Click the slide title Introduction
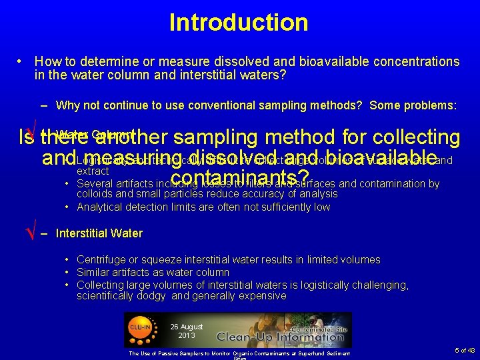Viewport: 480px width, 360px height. (239, 23)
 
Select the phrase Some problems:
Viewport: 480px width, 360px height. (413, 105)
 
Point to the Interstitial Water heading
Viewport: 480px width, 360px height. (99, 233)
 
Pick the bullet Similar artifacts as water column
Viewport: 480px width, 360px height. (153, 272)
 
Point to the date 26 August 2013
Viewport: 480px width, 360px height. (186, 331)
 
